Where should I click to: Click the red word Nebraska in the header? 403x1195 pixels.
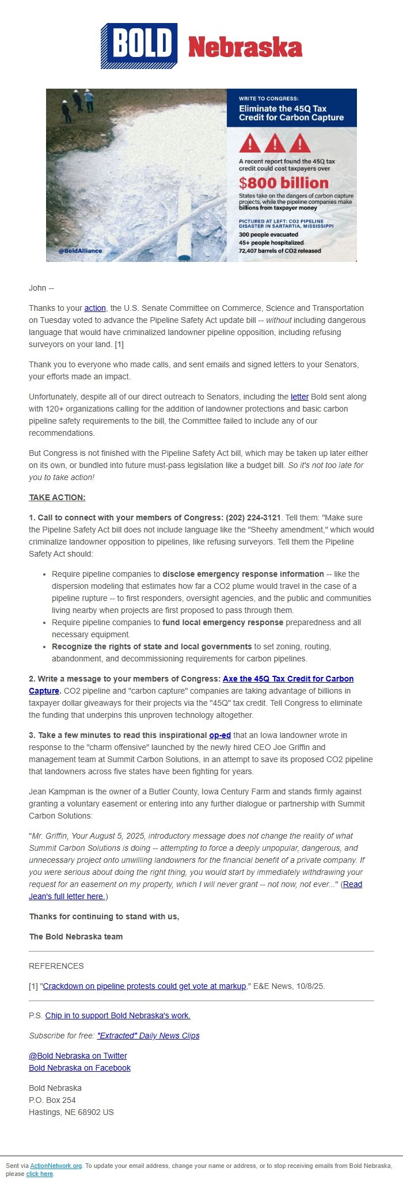245,47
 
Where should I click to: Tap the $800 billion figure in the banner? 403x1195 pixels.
284,183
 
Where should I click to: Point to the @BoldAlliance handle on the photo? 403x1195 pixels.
81,251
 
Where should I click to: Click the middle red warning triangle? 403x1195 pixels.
275,143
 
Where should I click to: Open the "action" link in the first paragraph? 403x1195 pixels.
95,308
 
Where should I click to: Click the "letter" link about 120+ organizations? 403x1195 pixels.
299,397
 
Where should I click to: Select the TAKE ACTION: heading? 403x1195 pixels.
57,497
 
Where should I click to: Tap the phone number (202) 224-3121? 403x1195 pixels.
253,517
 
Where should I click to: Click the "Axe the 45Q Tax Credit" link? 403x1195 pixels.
288,679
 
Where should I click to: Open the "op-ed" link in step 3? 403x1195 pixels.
220,735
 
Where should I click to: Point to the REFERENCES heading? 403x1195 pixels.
56,966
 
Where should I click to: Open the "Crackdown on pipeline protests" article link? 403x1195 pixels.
145,986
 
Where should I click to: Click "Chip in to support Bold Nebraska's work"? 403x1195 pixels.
117,1015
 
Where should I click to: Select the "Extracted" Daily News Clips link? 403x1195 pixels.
148,1036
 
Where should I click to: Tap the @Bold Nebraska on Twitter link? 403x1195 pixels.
78,1056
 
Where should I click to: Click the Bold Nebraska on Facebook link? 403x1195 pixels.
79,1068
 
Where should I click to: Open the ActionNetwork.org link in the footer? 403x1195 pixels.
56,1166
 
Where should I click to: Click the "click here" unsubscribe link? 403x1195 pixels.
39,1174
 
